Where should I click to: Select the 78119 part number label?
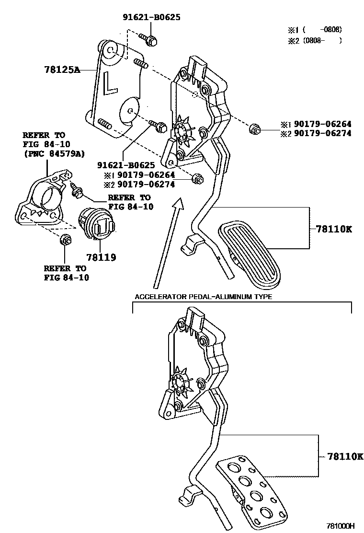pos(101,257)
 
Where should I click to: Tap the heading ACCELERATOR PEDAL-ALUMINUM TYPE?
pos(203,297)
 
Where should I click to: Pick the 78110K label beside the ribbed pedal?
pos(333,229)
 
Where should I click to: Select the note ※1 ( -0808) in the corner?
pos(315,29)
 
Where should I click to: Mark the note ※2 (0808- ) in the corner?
pos(315,41)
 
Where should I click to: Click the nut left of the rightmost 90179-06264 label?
pos(254,128)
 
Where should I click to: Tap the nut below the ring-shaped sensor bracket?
pos(65,240)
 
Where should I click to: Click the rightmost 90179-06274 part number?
pos(322,133)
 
